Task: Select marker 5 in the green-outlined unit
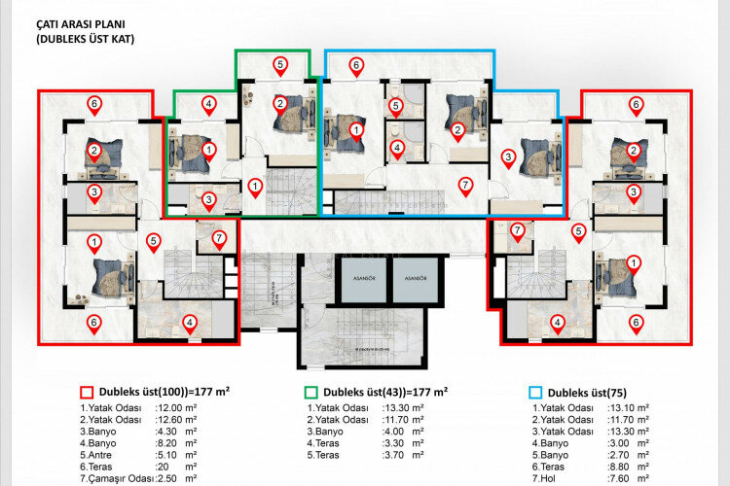point(280,66)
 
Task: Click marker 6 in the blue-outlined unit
point(356,66)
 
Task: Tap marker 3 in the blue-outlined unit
point(507,156)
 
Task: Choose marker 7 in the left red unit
point(219,238)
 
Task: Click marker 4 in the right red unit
point(557,323)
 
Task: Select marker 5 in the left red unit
point(153,241)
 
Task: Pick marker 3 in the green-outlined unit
point(208,200)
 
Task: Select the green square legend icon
point(310,392)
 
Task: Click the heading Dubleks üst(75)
point(590,392)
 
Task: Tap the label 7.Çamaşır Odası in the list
point(121,478)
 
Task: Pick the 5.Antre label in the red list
point(104,454)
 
